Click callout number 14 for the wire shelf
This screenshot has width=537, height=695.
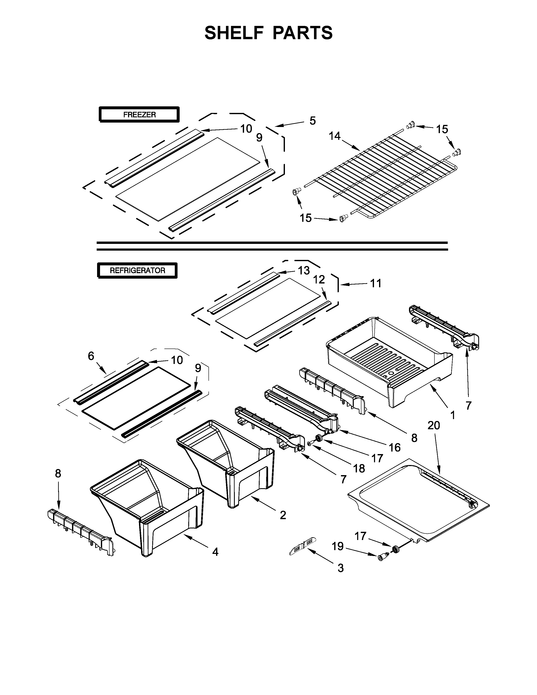[x=335, y=136]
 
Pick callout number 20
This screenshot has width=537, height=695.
[x=434, y=425]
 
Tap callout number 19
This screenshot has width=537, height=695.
[x=338, y=546]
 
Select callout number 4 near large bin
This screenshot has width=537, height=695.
[x=215, y=552]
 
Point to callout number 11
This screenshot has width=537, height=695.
[x=376, y=283]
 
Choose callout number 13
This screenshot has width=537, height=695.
[x=304, y=270]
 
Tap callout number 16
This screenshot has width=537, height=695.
[x=394, y=447]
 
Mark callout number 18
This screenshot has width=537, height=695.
[x=359, y=468]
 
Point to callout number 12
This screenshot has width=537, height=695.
[x=319, y=279]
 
